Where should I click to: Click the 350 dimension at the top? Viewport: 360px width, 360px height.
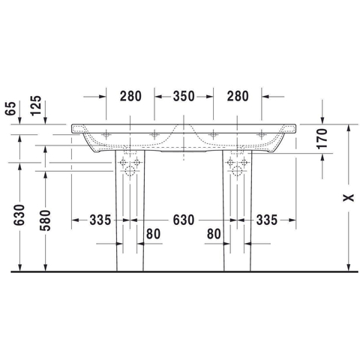pos(184,96)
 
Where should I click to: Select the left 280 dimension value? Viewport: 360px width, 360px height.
pos(130,96)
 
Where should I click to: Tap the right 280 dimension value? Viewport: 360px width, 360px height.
pos(238,96)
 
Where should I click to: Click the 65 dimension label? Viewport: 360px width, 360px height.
pos(10,109)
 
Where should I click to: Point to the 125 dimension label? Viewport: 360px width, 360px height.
pos(36,106)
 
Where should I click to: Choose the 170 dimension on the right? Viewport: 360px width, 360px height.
pos(322,138)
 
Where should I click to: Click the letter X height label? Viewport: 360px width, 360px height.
pos(349,198)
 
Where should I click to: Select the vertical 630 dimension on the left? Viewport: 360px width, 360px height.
pos(19,215)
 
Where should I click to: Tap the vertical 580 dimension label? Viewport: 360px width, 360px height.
pos(45,220)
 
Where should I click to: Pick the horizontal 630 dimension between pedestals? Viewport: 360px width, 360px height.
pos(184,220)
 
